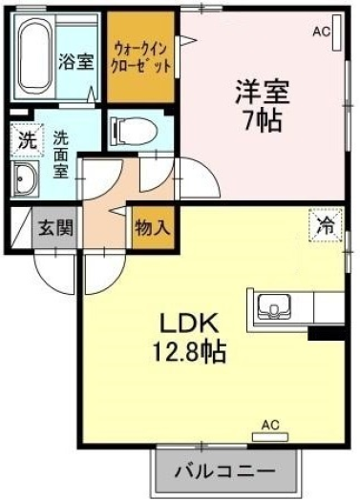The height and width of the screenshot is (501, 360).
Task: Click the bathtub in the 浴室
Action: pyautogui.click(x=35, y=56)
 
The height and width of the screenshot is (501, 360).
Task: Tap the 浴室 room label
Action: pyautogui.click(x=76, y=62)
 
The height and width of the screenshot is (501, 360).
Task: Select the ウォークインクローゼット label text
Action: pyautogui.click(x=140, y=57)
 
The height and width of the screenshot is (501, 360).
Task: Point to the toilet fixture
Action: pyautogui.click(x=134, y=131)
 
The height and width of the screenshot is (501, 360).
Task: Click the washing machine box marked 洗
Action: pyautogui.click(x=27, y=140)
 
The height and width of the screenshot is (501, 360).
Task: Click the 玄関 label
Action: pyautogui.click(x=55, y=228)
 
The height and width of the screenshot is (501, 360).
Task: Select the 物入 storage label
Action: pyautogui.click(x=152, y=228)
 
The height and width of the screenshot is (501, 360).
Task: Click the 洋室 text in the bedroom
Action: pyautogui.click(x=263, y=92)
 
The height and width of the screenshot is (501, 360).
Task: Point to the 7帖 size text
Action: pyautogui.click(x=263, y=120)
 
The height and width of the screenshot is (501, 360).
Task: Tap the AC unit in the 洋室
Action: pyautogui.click(x=336, y=32)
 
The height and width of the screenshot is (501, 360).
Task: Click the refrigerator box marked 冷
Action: pyautogui.click(x=326, y=225)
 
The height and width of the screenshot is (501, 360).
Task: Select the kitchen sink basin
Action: pyautogui.click(x=274, y=307)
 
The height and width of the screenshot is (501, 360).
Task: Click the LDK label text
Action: pyautogui.click(x=189, y=324)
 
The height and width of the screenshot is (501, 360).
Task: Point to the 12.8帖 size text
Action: pyautogui.click(x=190, y=351)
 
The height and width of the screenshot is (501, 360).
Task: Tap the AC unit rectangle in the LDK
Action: pyautogui.click(x=270, y=437)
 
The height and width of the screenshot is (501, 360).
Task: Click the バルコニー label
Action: pyautogui.click(x=225, y=471)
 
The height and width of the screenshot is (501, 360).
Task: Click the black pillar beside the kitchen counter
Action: pyautogui.click(x=327, y=334)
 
